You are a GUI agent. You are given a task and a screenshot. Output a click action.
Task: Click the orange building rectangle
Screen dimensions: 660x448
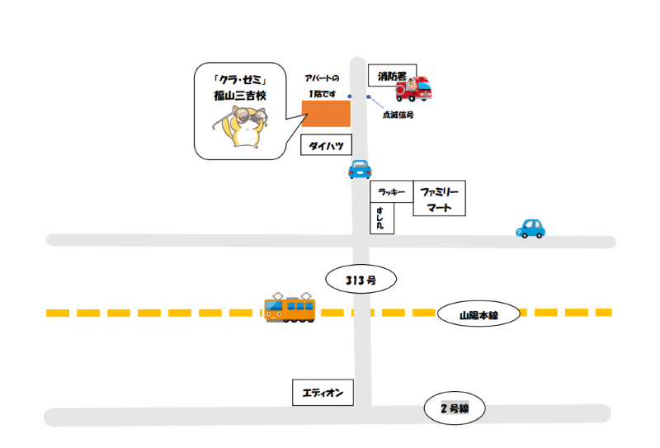point(326,113)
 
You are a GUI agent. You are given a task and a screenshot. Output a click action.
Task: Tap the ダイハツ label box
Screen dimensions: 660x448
point(326,145)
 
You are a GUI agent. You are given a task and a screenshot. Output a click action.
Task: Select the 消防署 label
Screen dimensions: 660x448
point(393,76)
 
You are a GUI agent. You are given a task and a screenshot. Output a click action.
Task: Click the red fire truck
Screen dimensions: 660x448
point(414,89)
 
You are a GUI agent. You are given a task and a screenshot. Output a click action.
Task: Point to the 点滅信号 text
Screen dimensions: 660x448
point(398,115)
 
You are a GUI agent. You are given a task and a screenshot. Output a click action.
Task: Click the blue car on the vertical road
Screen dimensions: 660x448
point(360,169)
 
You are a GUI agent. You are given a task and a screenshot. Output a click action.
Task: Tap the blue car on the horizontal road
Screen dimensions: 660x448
point(530,229)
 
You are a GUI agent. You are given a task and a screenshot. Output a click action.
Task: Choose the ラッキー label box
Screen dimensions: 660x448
point(392,192)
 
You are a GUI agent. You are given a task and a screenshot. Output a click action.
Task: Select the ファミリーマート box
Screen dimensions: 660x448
point(440,198)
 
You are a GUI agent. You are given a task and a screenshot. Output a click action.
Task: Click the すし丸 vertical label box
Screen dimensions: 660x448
point(382,218)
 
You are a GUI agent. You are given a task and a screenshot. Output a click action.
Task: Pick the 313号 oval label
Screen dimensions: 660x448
point(361,279)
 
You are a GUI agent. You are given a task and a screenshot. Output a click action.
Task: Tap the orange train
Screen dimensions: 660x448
point(290,309)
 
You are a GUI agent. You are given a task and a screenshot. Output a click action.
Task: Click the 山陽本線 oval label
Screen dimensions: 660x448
point(478,314)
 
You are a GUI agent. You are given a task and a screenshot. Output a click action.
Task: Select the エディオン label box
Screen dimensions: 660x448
point(323,393)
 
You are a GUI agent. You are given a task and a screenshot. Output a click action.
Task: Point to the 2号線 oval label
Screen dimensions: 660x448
point(455,408)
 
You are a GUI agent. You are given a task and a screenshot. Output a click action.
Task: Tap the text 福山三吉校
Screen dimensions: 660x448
point(240,96)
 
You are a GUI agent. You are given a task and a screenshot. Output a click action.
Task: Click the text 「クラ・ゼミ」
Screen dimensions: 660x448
point(240,79)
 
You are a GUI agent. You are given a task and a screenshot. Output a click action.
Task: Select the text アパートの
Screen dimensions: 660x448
point(322,78)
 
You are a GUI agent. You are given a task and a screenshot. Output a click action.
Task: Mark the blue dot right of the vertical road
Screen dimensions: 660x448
point(369,97)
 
